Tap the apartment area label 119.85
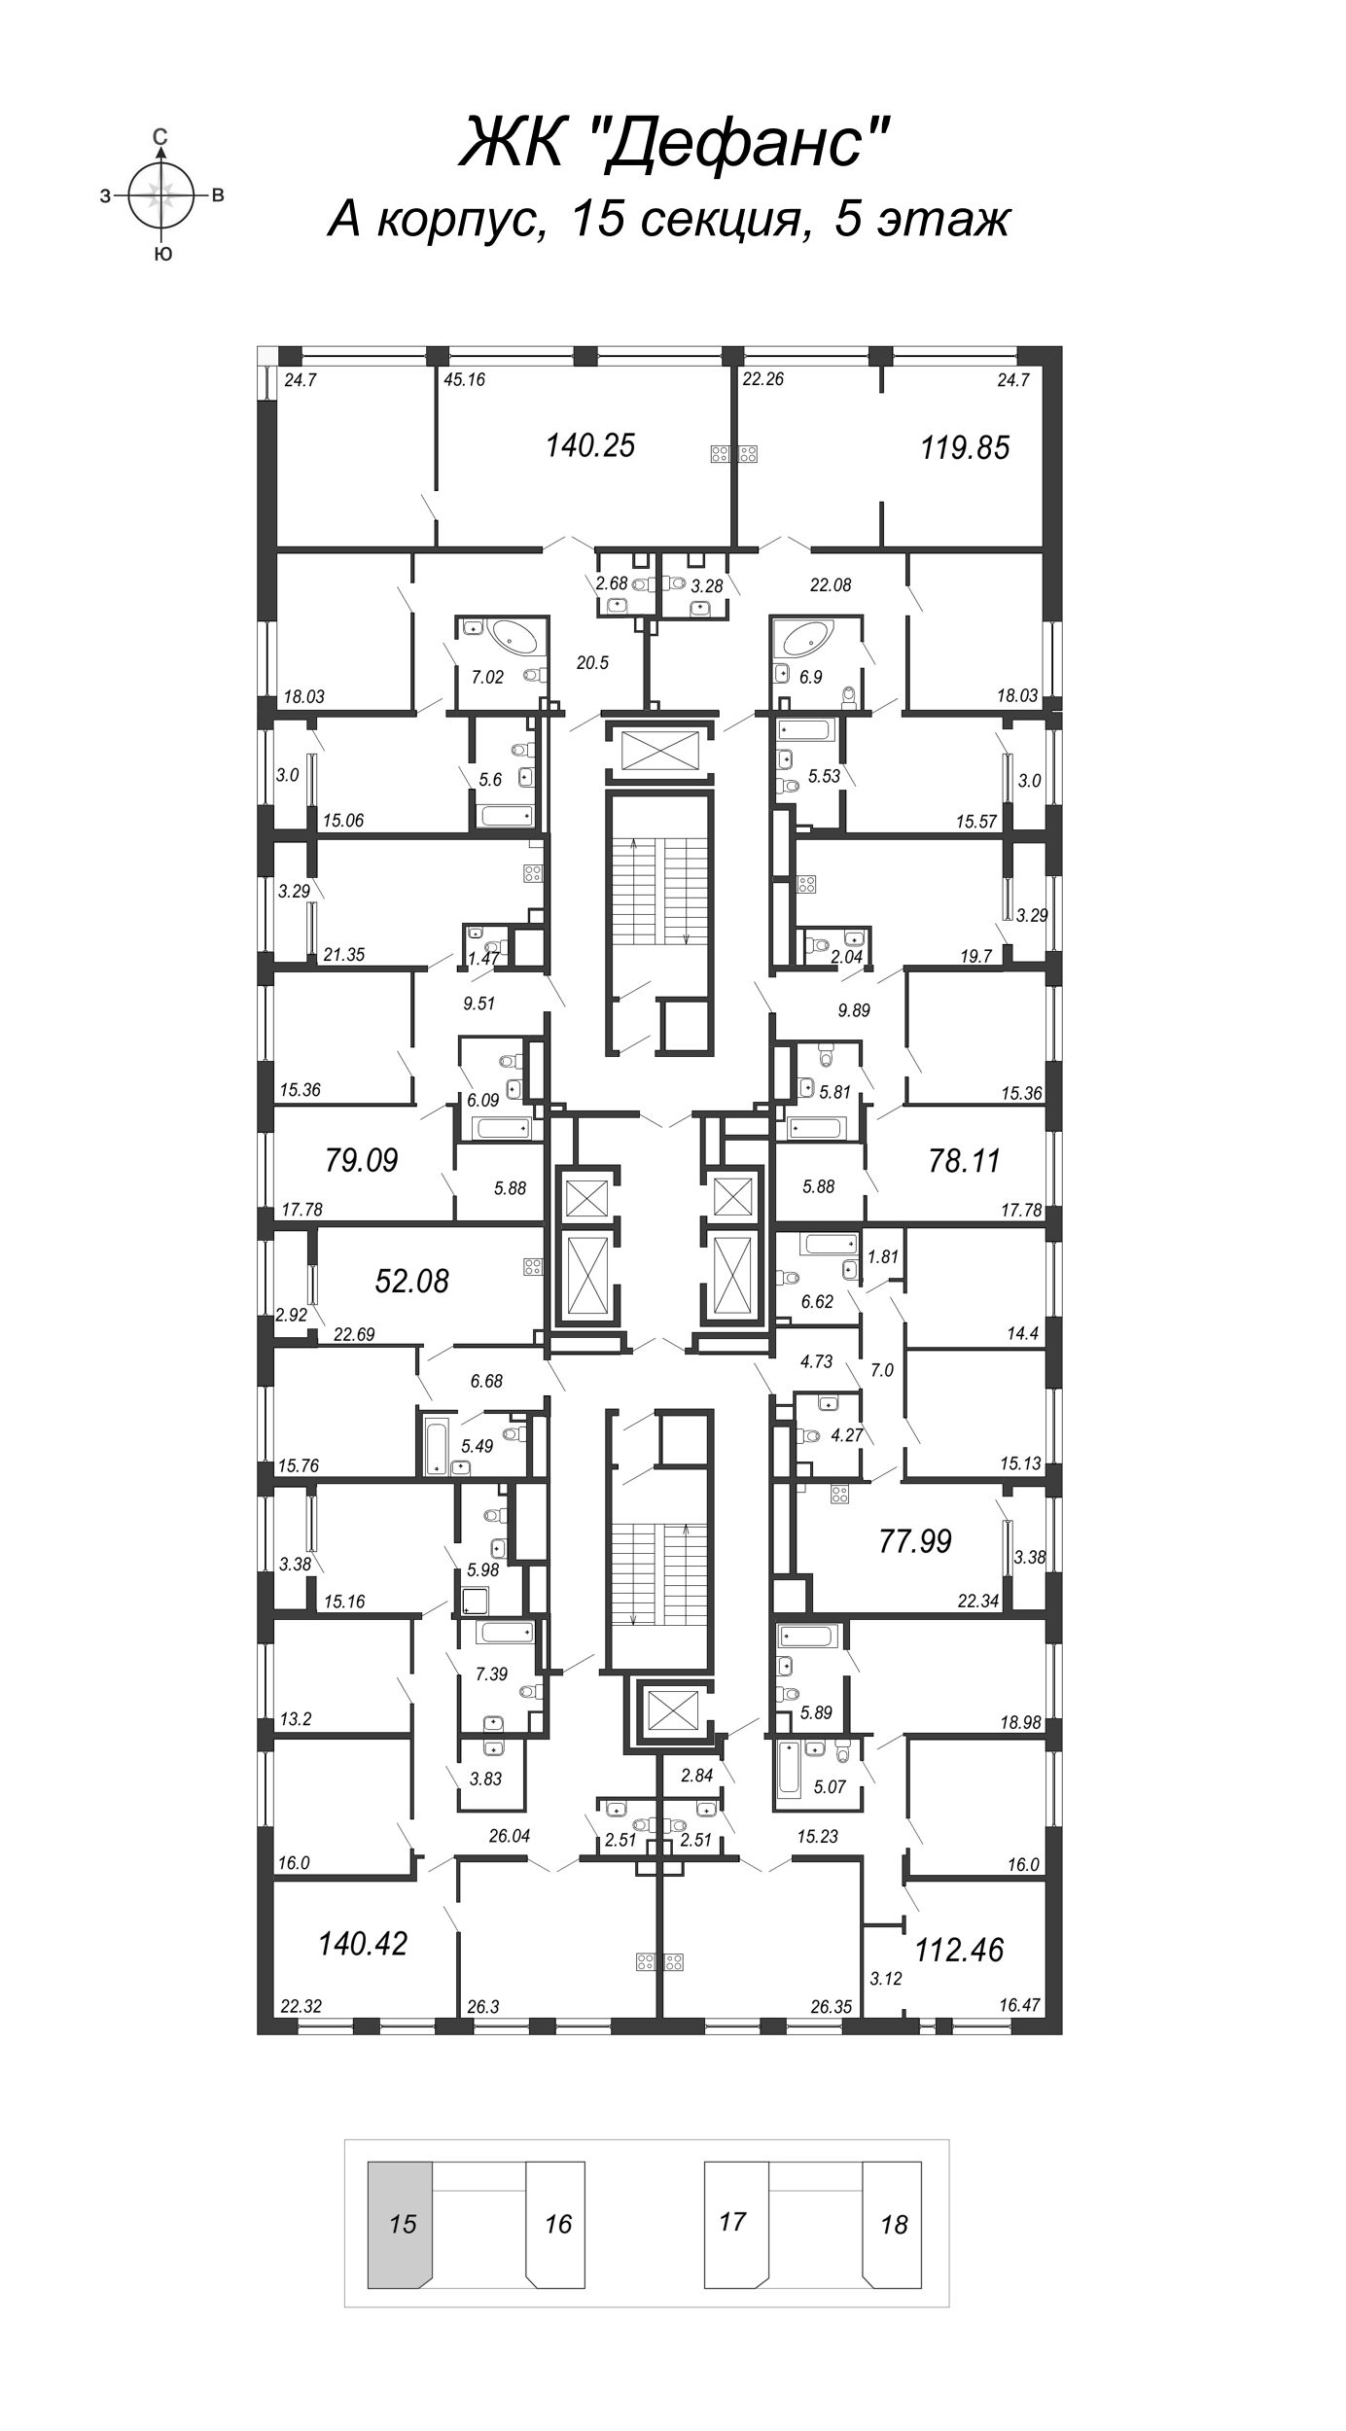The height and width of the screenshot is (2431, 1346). pyautogui.click(x=965, y=448)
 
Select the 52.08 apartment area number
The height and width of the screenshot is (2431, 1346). pyautogui.click(x=411, y=1282)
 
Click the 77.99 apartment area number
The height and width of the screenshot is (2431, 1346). pyautogui.click(x=914, y=1541)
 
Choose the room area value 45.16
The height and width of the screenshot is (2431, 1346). pyautogui.click(x=464, y=380)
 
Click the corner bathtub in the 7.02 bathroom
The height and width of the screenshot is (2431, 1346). pyautogui.click(x=518, y=638)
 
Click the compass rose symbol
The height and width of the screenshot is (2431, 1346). pyautogui.click(x=161, y=195)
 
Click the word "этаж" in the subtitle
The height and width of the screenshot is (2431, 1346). pyautogui.click(x=943, y=220)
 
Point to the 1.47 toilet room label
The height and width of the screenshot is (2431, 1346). pyautogui.click(x=482, y=958)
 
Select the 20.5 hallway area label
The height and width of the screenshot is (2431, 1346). pyautogui.click(x=591, y=663)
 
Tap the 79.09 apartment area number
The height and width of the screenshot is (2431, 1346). pyautogui.click(x=362, y=1160)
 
